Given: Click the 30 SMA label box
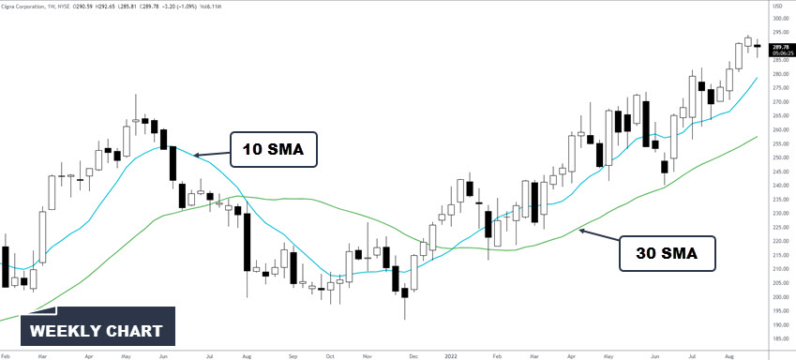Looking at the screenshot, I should [668, 253].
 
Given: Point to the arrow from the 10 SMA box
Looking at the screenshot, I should [212, 154].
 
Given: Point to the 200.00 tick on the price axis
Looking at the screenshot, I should [777, 297].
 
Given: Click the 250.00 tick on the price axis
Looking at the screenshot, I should [777, 157].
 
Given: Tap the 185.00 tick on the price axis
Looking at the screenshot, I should [777, 339].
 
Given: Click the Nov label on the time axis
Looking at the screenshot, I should [367, 356].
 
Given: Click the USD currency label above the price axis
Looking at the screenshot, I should [776, 7].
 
